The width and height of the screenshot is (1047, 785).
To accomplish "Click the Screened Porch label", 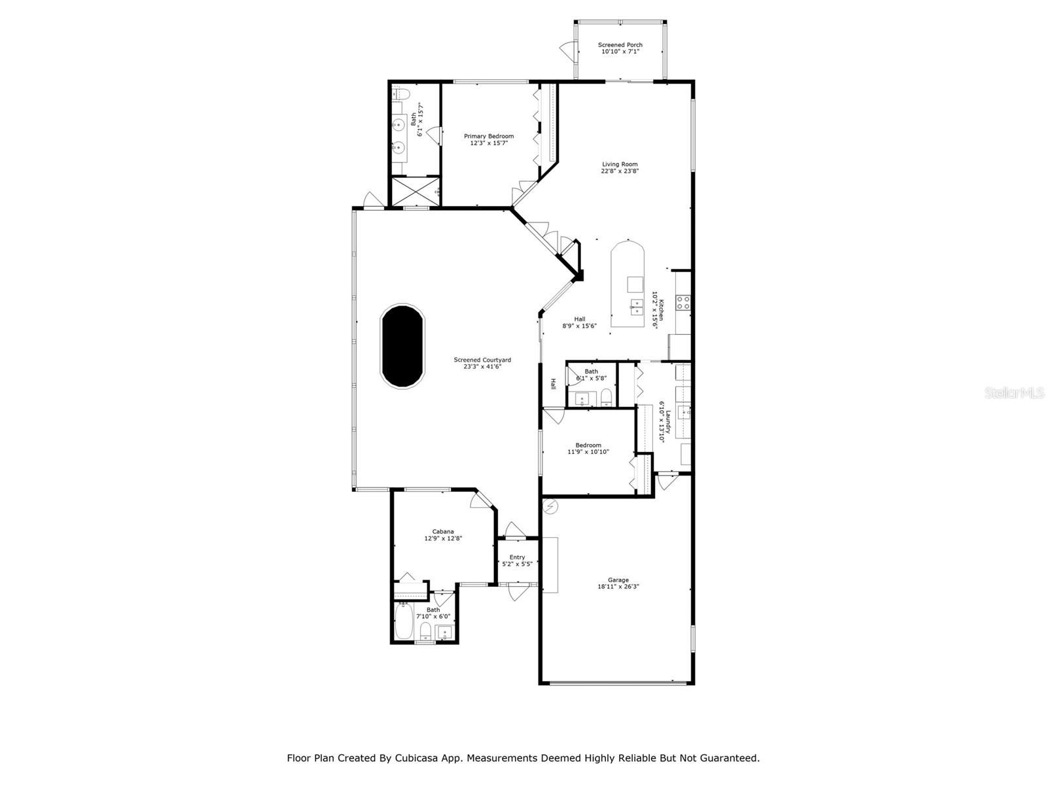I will pos(620,45).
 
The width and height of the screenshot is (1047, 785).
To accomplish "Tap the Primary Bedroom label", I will pos(489,136).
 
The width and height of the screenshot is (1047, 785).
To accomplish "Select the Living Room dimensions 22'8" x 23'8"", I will pos(620,171).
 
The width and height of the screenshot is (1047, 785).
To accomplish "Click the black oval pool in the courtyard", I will pos(402,346).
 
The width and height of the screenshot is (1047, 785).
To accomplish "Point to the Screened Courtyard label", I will pos(482,360).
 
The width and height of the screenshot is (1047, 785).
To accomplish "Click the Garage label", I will pos(618,580).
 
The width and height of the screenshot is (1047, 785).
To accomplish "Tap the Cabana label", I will pos(443,531).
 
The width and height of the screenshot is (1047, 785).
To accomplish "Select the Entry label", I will pos(517,557).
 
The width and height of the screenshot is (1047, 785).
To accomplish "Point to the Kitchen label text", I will pos(662,309).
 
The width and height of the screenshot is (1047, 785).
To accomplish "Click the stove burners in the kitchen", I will pos(684,302).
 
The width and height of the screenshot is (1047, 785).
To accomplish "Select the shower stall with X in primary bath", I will pos(415,191).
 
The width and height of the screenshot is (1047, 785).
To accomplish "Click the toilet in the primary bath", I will pos(400,94).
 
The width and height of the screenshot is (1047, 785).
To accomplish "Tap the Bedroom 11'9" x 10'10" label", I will pos(588,448).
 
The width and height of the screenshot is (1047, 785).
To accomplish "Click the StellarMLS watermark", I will pos(1014,393).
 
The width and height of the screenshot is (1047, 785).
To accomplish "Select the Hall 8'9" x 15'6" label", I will pos(579,322).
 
